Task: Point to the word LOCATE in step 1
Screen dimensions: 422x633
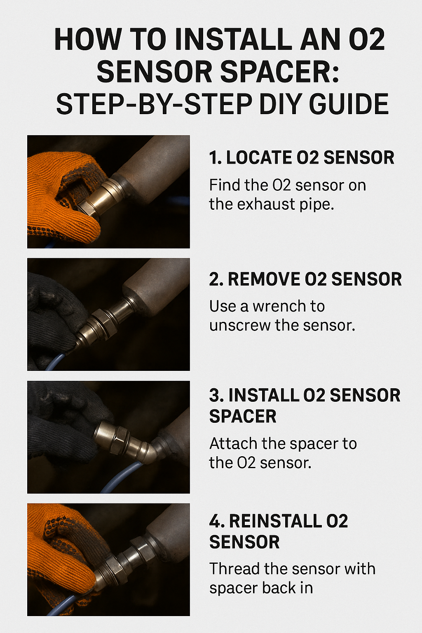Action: (x=259, y=158)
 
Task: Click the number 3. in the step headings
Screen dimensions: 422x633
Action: (x=216, y=395)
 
